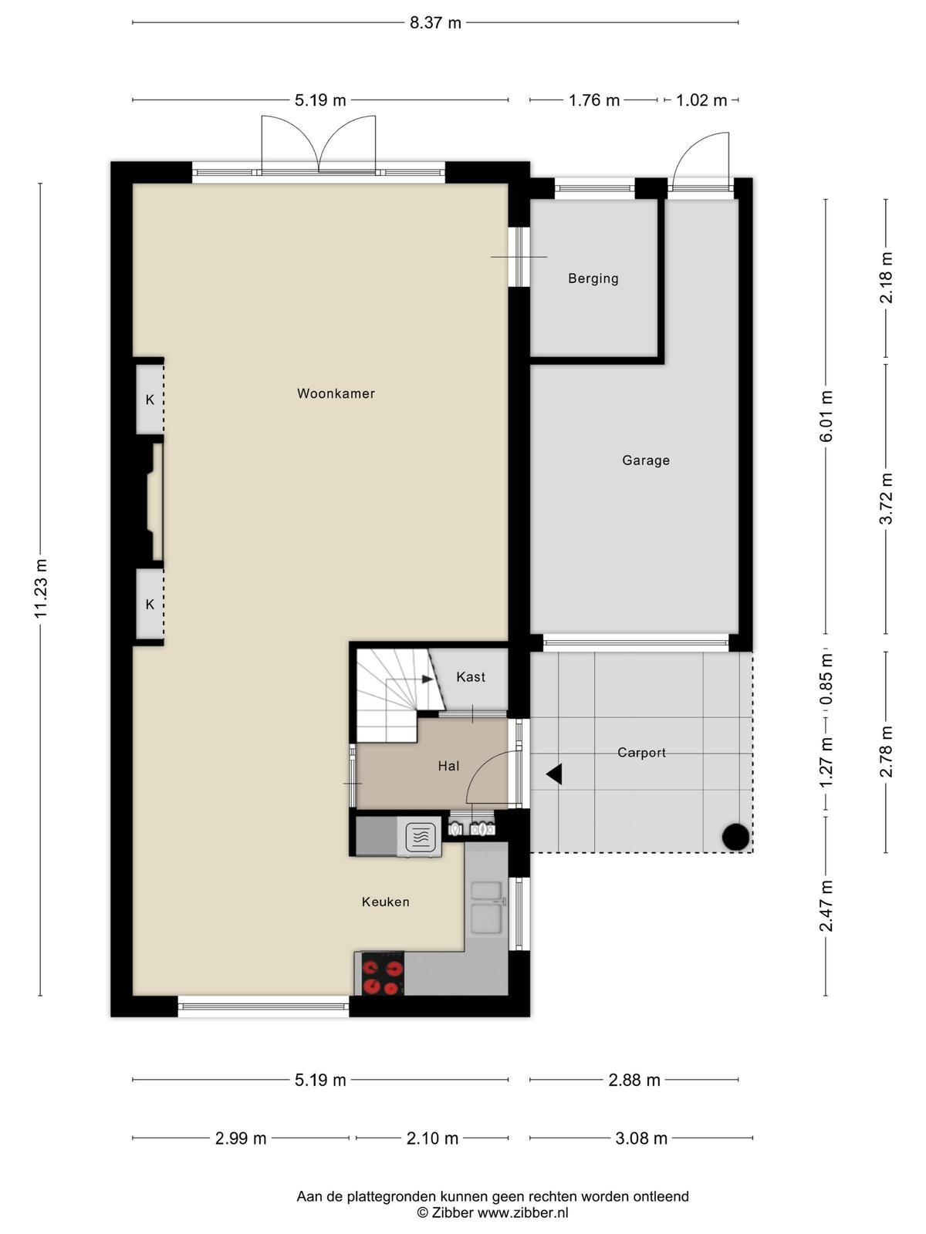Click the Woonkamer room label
[336, 393]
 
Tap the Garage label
[645, 460]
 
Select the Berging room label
[593, 278]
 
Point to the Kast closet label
[471, 677]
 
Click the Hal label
[448, 766]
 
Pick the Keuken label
[385, 902]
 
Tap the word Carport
[641, 752]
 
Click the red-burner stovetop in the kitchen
[382, 974]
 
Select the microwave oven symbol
[419, 836]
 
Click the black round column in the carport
[735, 837]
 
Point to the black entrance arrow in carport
[554, 774]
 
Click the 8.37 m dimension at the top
[435, 23]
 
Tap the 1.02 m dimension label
[701, 100]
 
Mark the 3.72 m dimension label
[886, 499]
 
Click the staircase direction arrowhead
[428, 679]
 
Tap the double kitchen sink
[486, 907]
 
